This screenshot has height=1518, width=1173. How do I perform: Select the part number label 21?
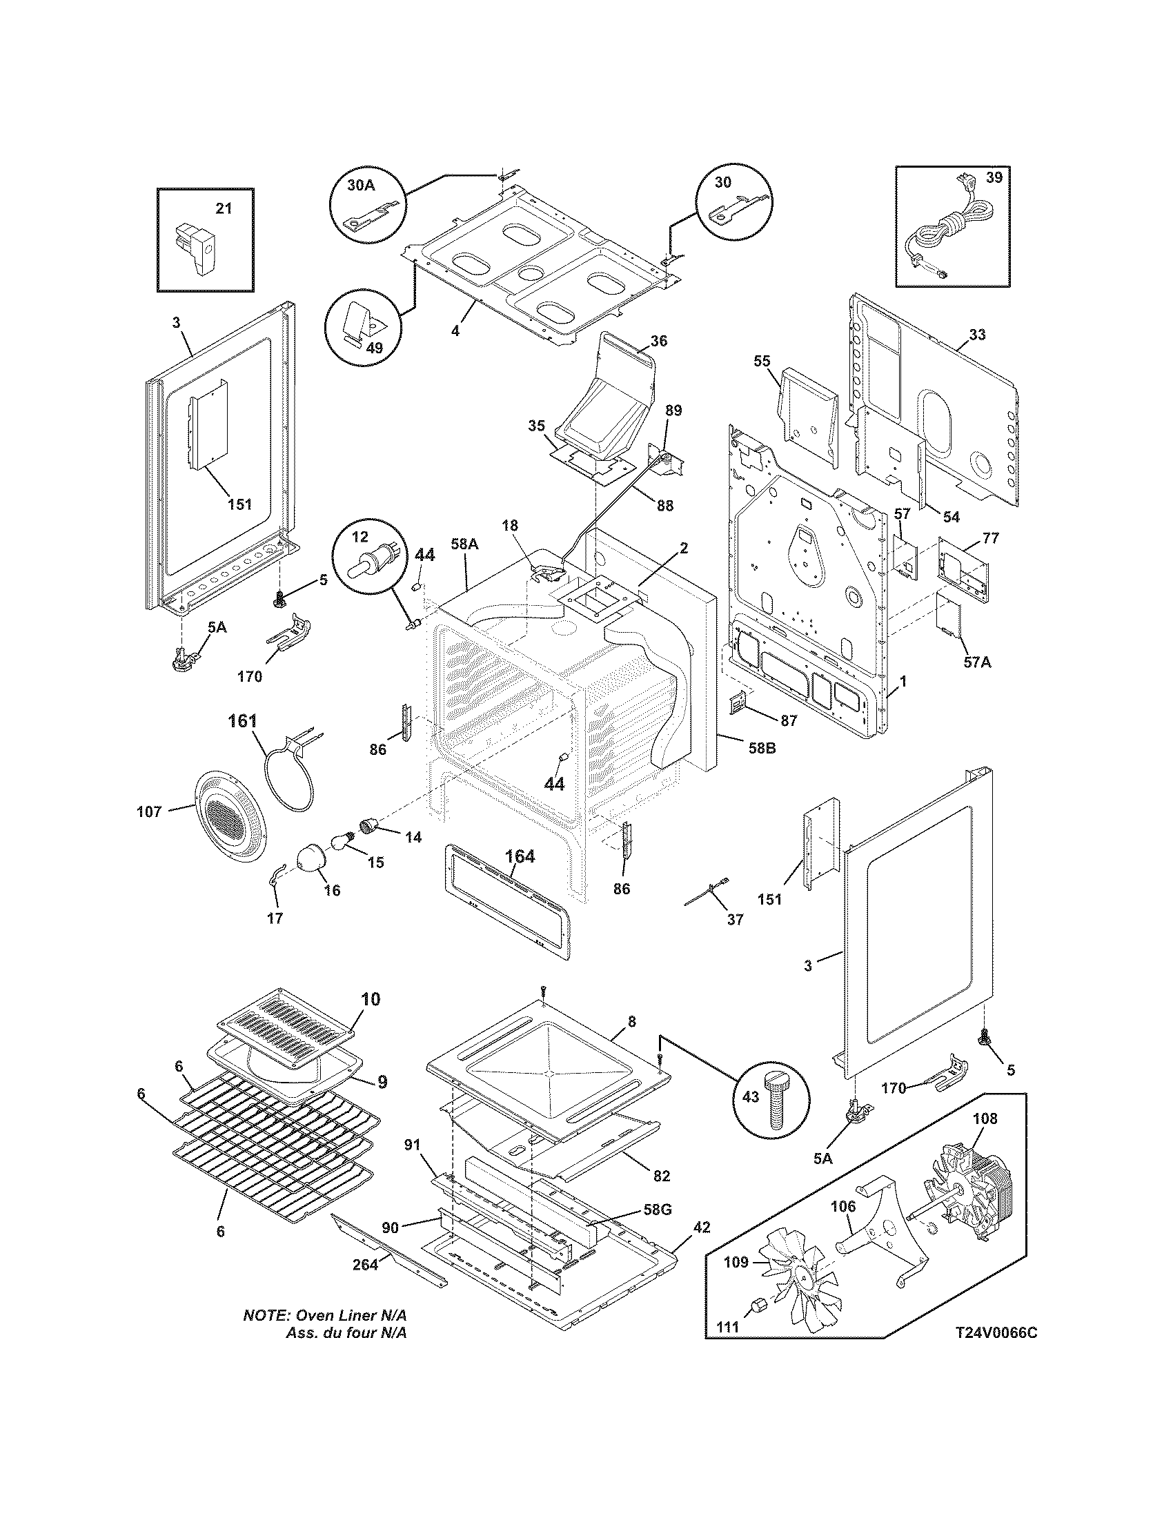[x=223, y=208]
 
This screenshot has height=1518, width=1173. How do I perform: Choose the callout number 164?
[x=520, y=857]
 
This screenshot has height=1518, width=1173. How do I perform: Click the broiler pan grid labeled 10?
[x=286, y=1030]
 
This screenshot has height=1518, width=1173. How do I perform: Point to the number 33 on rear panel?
[x=976, y=335]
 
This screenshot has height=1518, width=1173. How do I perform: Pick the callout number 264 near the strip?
[x=365, y=1264]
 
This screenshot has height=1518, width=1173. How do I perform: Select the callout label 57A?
[x=976, y=662]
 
